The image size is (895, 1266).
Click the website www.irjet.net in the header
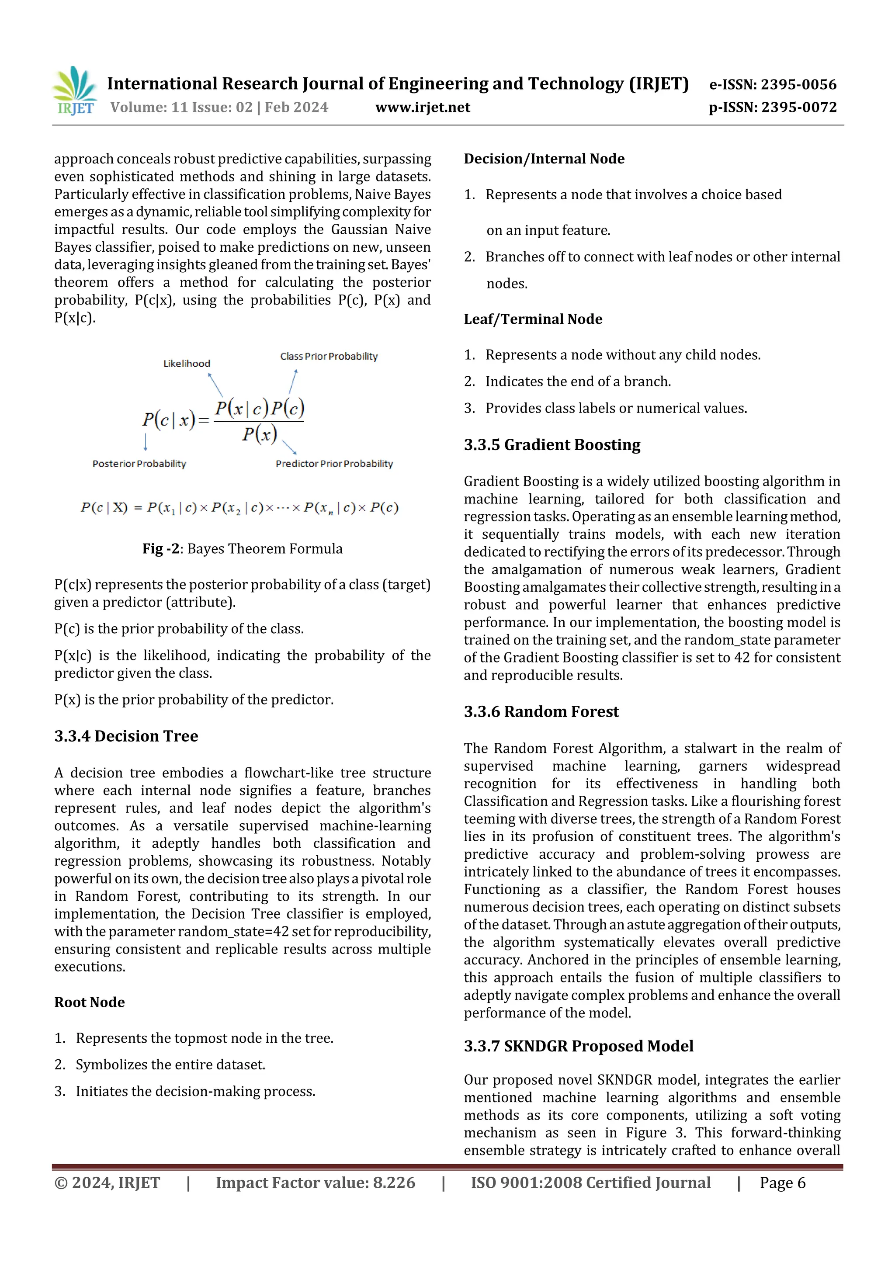[x=423, y=108]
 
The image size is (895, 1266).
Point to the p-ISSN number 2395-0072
[x=798, y=108]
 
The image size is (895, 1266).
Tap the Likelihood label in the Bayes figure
[x=187, y=363]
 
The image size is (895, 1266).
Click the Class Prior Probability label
[x=329, y=356]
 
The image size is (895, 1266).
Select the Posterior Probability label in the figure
[x=139, y=464]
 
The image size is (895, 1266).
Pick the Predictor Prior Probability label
[x=334, y=464]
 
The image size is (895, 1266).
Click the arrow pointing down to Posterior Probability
[x=146, y=442]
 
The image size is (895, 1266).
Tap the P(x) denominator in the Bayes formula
[x=259, y=434]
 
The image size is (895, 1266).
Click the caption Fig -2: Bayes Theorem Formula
[x=242, y=548]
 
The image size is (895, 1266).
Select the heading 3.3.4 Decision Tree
[x=126, y=736]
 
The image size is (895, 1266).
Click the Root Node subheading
[x=89, y=1002]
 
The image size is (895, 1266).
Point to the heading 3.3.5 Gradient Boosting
[x=552, y=445]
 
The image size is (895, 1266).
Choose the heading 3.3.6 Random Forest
[x=541, y=712]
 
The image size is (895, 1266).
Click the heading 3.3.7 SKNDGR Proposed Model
[x=579, y=1046]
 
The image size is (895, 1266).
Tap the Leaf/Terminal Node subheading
[x=533, y=319]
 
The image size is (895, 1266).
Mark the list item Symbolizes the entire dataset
[x=170, y=1065]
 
